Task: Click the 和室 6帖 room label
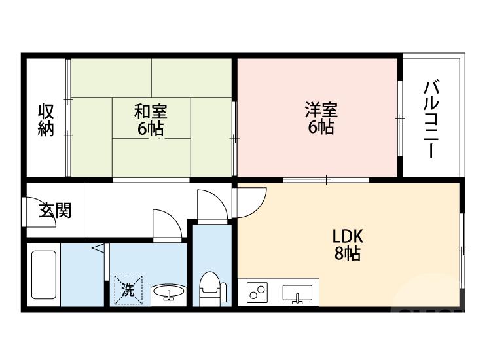[151, 120]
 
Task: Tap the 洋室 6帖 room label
[321, 118]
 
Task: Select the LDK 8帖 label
[348, 245]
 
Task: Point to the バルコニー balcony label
[431, 119]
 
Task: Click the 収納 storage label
[46, 120]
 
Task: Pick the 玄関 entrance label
[55, 210]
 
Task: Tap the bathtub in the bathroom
[44, 274]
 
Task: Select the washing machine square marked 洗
[128, 289]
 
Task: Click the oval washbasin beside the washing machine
[169, 291]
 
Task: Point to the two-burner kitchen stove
[257, 292]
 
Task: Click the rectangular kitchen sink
[297, 294]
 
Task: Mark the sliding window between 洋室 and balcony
[400, 118]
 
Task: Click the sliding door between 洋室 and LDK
[326, 180]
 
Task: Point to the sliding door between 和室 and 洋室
[234, 138]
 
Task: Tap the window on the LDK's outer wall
[462, 251]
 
